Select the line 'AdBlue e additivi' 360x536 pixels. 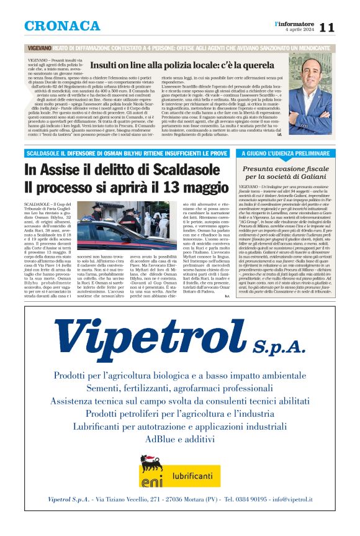click(x=180, y=438)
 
